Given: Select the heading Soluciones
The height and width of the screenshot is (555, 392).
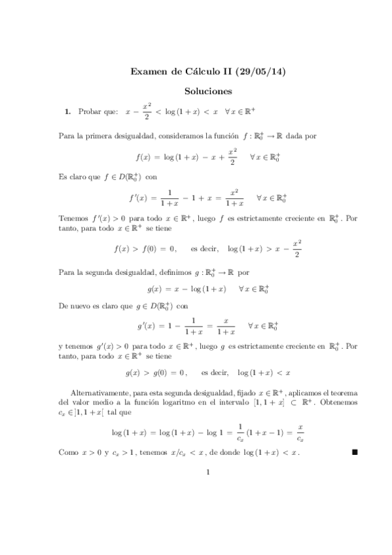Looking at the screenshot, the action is coord(196,92).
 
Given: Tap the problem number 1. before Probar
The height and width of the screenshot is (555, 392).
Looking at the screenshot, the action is coord(67,113).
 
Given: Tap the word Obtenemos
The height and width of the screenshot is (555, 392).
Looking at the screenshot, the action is coord(337,408).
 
